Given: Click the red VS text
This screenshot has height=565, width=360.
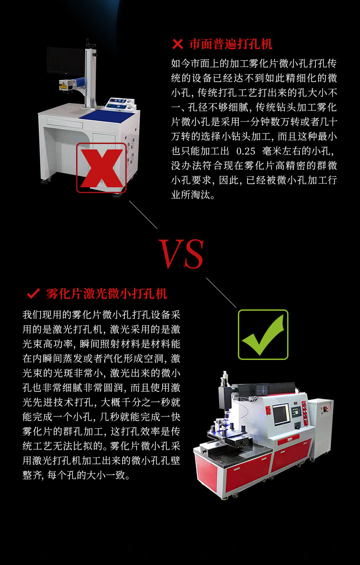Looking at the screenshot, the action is [x=181, y=253].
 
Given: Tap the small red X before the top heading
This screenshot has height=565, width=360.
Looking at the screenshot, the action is [x=178, y=44].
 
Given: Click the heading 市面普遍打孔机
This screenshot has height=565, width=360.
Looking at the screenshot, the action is [x=231, y=44].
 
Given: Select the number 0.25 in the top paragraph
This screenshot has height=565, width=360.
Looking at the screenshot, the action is [x=246, y=151].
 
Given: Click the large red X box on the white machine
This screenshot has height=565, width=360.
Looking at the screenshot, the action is [x=101, y=168].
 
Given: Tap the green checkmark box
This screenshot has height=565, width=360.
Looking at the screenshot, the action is [x=263, y=334].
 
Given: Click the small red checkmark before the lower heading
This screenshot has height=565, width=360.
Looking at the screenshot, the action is [x=33, y=293].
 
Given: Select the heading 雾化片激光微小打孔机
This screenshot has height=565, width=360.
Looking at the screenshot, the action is [x=107, y=293].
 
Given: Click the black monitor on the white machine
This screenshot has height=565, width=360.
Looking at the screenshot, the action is [x=66, y=61].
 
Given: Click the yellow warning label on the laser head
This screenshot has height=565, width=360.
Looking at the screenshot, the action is [x=63, y=86].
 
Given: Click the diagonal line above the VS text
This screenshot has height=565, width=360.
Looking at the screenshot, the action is [x=143, y=215].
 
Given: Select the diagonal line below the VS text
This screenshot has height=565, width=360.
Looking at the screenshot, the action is [x=221, y=293].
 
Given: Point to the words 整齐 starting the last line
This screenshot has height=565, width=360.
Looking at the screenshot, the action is [x=32, y=475].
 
